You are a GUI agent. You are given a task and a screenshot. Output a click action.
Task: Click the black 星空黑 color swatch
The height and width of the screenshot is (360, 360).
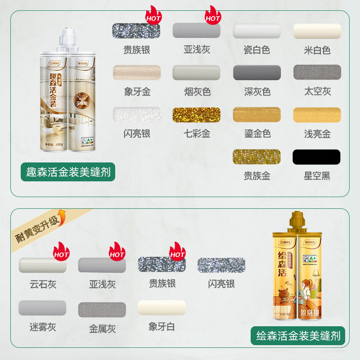tap(316, 157)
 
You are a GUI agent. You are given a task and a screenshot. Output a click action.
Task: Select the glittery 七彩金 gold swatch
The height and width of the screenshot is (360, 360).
tap(196, 115)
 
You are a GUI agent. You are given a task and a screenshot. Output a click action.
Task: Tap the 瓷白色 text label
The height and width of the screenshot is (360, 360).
tap(256, 50)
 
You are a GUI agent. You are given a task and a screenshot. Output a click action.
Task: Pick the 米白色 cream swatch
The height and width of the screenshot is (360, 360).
tap(317, 31)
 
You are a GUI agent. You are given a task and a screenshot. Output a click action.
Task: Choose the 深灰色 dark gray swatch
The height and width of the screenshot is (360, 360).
tap(256, 72)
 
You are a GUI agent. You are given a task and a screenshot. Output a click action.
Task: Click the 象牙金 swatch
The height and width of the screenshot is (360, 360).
tap(136, 72)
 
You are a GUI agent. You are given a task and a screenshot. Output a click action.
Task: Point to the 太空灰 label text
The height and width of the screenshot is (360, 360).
tap(317, 92)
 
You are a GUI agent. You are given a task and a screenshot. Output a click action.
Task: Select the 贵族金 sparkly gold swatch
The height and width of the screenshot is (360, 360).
tap(256, 157)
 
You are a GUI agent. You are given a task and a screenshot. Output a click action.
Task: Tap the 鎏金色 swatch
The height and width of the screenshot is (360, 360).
tap(256, 114)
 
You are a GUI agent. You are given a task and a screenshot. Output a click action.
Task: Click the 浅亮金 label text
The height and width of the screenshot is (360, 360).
tap(317, 134)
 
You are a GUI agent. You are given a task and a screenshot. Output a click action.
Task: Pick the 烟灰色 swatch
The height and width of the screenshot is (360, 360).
tap(196, 72)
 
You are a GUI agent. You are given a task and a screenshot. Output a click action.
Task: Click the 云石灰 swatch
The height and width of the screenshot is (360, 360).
tap(42, 265)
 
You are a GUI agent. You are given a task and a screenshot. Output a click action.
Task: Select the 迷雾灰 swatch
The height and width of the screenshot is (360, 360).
tap(42, 308)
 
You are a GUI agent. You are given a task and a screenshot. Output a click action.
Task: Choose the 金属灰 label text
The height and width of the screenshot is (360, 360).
tap(102, 329)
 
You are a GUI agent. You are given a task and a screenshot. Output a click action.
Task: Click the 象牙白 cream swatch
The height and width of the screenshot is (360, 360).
tap(162, 308)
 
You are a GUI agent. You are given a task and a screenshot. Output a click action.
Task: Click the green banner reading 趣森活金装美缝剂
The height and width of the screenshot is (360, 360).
tap(67, 172)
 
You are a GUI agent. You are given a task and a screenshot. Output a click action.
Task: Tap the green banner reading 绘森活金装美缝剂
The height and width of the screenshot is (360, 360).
tap(297, 335)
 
